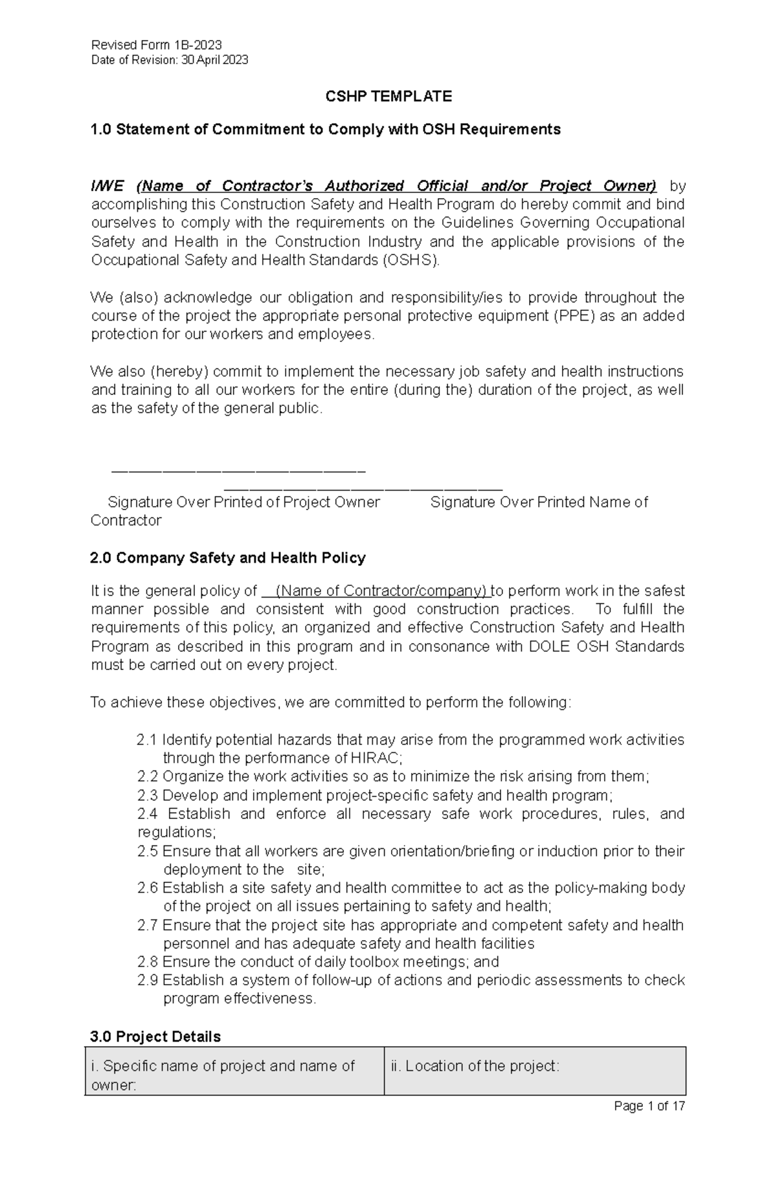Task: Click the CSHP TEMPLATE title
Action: point(388,96)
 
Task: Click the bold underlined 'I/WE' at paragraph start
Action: point(107,186)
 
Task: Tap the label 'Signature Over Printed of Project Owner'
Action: point(243,502)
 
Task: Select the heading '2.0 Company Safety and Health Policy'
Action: point(228,557)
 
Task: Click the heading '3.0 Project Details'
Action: point(155,1037)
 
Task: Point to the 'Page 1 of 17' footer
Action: point(649,1106)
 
